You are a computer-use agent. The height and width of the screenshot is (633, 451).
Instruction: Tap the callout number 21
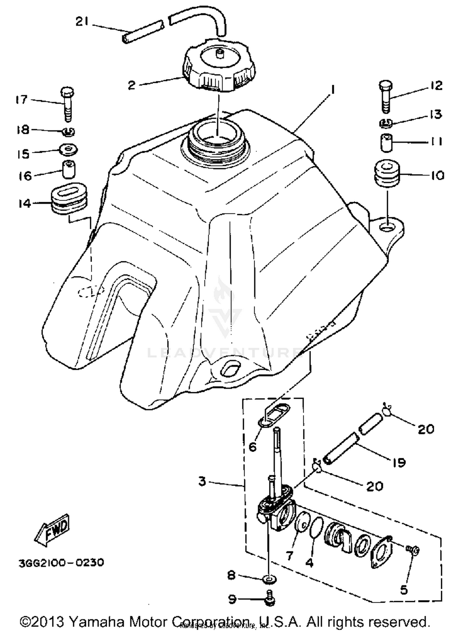click(x=82, y=22)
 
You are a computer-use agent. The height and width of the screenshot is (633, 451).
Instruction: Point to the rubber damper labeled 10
click(x=387, y=174)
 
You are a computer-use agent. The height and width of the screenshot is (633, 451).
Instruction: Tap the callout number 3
click(x=202, y=481)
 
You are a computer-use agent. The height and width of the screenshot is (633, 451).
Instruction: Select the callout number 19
click(x=399, y=462)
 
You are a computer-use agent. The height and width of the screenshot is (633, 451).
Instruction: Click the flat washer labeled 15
click(x=69, y=149)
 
